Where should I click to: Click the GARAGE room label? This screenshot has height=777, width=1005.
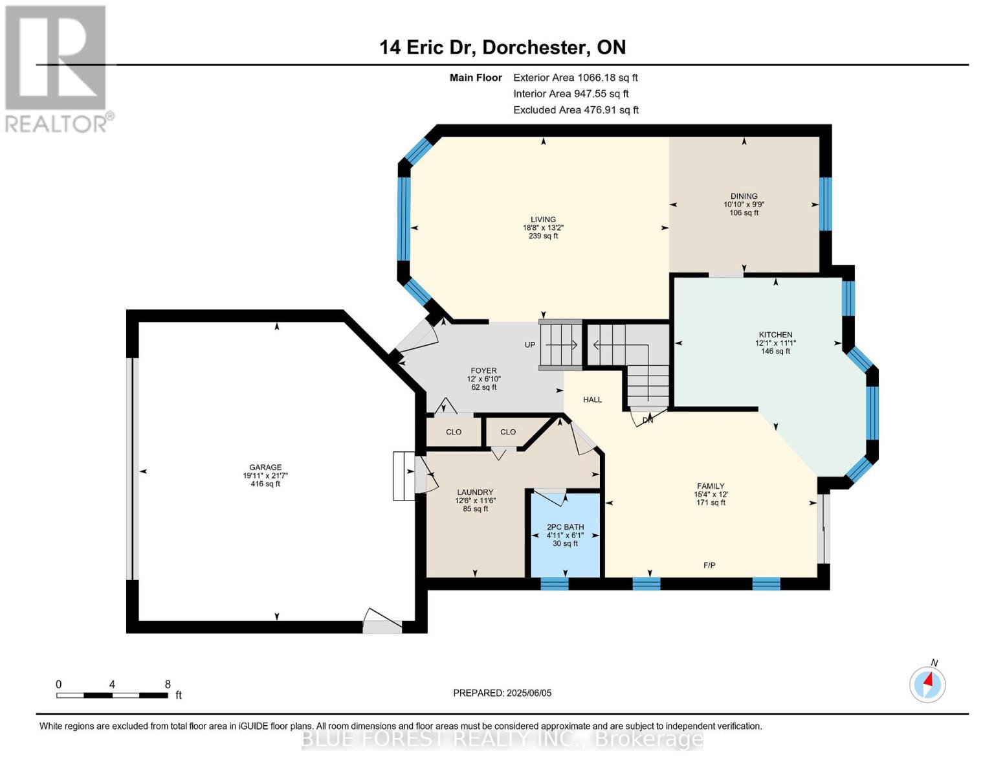pos(265,467)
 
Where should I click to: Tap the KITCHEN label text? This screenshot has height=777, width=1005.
pos(775,335)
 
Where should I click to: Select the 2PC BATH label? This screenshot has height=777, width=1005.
pos(565,526)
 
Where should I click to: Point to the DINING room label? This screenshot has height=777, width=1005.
pos(744,196)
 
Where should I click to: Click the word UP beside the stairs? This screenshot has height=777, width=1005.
pos(529,344)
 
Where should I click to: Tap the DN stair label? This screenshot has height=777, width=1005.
pos(648,420)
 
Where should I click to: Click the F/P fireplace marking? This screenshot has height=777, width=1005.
pos(709,565)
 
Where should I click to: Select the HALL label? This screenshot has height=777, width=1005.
pos(592,400)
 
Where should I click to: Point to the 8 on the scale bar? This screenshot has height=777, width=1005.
pos(168,684)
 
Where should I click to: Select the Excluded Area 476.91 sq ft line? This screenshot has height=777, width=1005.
pos(576,109)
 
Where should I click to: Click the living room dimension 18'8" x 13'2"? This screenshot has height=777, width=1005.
pos(543,227)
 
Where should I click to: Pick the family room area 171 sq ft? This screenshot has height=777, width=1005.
pos(711,502)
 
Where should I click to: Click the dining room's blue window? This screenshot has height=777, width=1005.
pos(825,203)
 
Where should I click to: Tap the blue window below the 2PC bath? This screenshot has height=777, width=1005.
pos(554,583)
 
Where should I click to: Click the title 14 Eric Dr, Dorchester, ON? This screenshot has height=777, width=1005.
pos(502,47)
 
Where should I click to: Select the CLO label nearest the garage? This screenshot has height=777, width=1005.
pos(453,432)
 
